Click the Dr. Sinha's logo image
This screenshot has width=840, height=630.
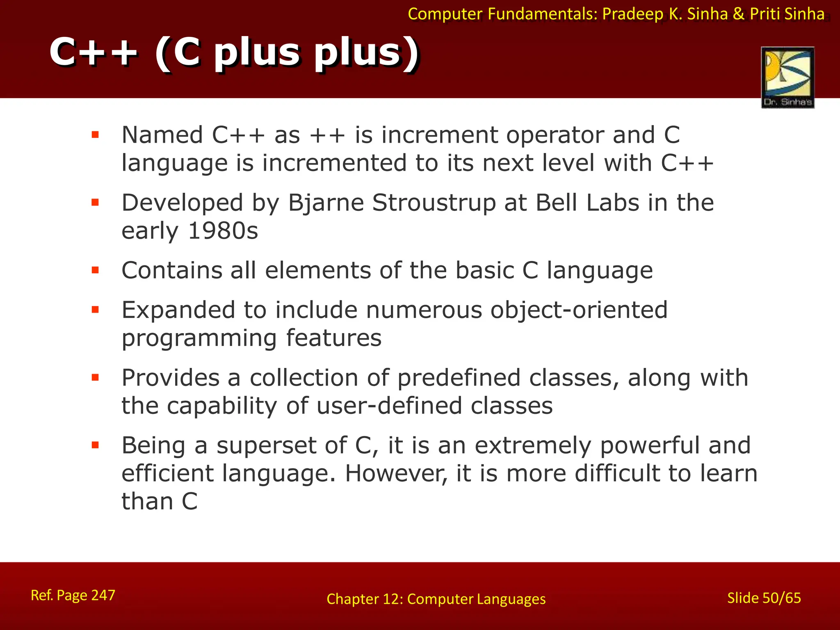[787, 77]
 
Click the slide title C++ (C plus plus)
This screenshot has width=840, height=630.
[234, 52]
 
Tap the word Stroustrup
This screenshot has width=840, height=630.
[434, 203]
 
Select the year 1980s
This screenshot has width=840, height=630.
[223, 231]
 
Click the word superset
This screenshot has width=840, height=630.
[266, 445]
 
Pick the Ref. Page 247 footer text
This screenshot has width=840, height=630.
[73, 595]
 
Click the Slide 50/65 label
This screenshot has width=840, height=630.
[764, 598]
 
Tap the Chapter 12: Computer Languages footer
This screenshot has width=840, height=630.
[436, 599]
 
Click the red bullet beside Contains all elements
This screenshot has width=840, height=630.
[96, 270]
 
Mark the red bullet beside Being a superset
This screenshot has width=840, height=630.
[96, 445]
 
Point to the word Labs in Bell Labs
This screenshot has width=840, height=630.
[612, 203]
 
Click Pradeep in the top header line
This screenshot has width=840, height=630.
[633, 14]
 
